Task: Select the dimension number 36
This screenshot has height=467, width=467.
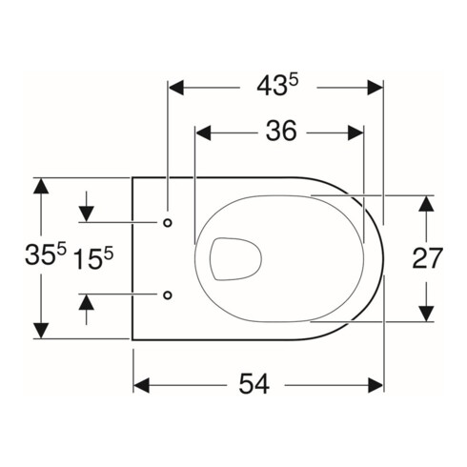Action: click(279, 132)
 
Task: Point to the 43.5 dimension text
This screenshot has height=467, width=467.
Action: click(276, 87)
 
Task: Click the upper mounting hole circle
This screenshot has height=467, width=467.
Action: click(168, 223)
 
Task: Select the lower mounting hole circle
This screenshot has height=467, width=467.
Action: click(168, 294)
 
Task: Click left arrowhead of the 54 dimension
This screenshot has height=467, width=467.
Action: click(142, 385)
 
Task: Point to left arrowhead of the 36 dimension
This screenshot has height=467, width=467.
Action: click(203, 132)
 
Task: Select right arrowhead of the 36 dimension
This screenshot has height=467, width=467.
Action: click(355, 132)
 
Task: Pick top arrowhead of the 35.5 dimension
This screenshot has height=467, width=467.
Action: click(40, 187)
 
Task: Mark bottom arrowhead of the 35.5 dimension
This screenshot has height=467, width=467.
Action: click(40, 329)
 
